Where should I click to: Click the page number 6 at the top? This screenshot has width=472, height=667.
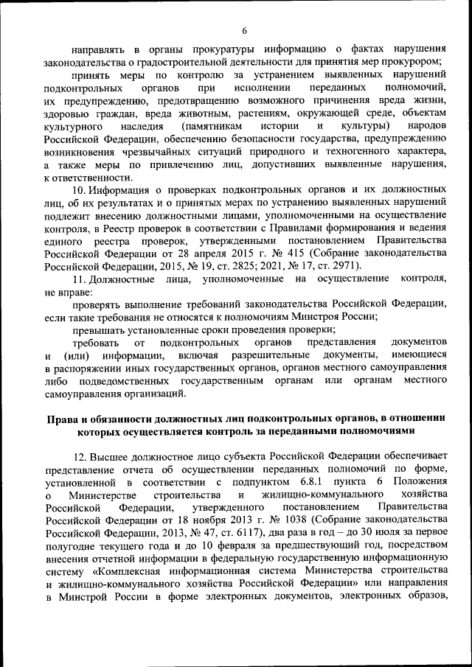click(244, 30)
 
